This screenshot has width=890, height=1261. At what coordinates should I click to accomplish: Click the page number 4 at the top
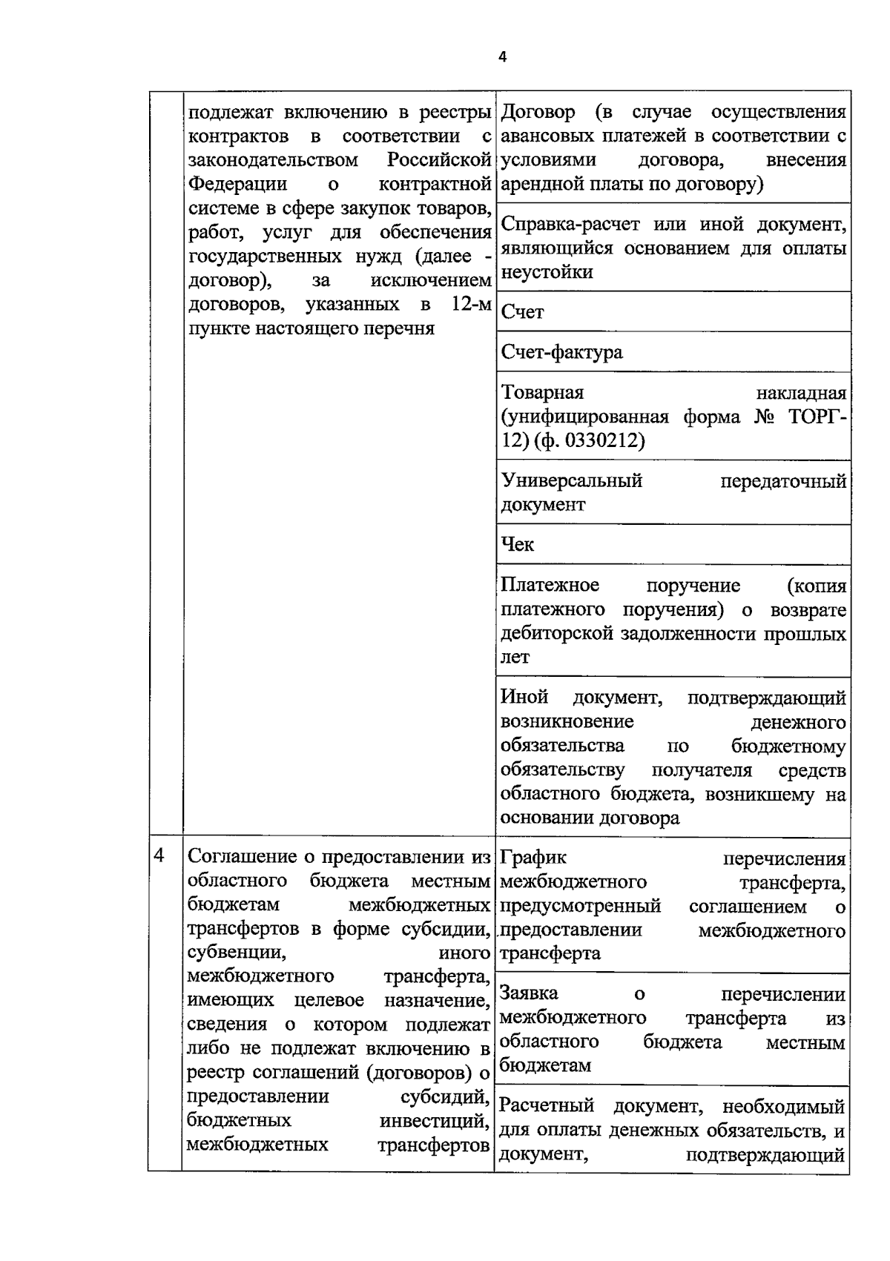pyautogui.click(x=502, y=57)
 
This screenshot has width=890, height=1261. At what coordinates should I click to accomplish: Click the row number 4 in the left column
pyautogui.click(x=159, y=855)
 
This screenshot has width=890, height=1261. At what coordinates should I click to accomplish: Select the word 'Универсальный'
pyautogui.click(x=571, y=481)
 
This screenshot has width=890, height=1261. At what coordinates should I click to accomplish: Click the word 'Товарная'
pyautogui.click(x=542, y=392)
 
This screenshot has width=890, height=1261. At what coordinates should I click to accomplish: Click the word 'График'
pyautogui.click(x=533, y=858)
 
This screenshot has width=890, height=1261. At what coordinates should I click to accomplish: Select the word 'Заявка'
pyautogui.click(x=529, y=993)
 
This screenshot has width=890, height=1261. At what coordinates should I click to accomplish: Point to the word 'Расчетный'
pyautogui.click(x=547, y=1106)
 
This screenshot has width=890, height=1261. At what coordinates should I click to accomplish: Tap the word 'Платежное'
pyautogui.click(x=550, y=586)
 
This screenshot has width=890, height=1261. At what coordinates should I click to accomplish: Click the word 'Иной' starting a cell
pyautogui.click(x=524, y=697)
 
